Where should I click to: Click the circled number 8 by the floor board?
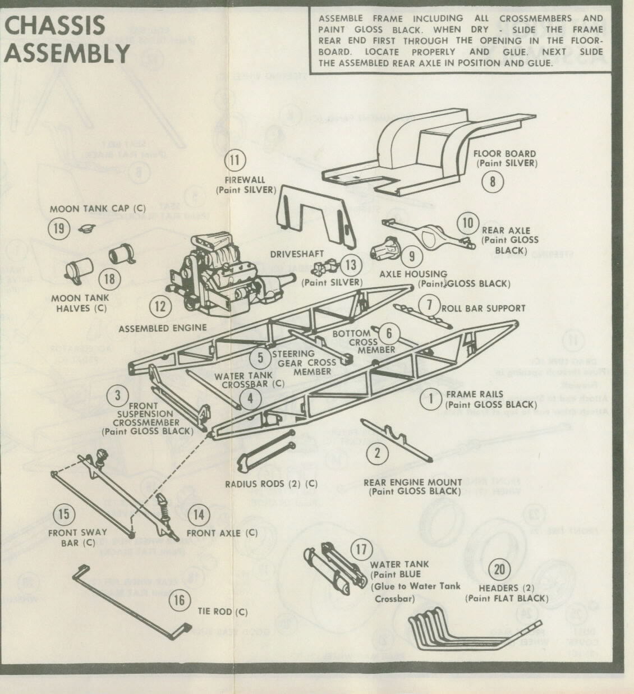tap(493, 181)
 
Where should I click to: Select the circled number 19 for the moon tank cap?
tap(58, 228)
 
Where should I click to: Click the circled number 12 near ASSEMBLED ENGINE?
tap(160, 306)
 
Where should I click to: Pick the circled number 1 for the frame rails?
tap(431, 399)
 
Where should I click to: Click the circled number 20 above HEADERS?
tap(499, 570)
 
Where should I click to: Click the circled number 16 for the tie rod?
tap(179, 600)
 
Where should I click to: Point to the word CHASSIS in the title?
tap(54, 25)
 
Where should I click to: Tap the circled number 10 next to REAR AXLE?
tap(467, 223)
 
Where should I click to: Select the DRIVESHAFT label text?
tap(298, 254)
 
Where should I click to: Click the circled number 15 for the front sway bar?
tap(64, 514)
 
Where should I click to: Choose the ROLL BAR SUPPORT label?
tap(483, 308)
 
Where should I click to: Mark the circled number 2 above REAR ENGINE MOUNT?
tap(377, 452)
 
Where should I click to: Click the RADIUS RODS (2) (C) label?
tap(271, 484)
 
